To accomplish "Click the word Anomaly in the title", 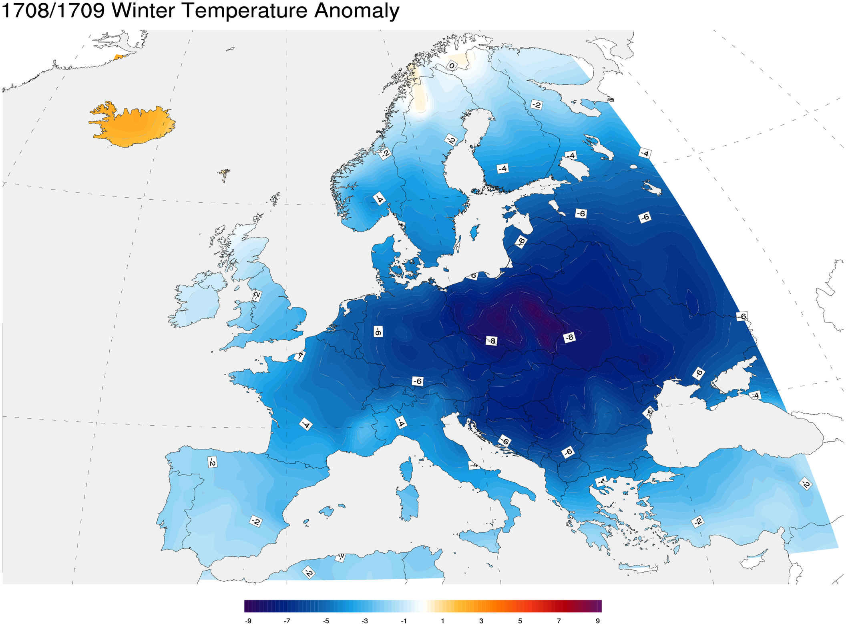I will (x=356, y=10).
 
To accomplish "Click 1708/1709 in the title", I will (x=53, y=10).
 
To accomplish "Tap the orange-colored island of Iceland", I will (x=132, y=124).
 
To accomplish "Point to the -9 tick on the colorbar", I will (x=248, y=621).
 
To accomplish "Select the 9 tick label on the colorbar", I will (x=598, y=621).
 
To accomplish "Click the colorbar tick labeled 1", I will (x=442, y=621).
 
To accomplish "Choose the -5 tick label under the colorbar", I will (x=326, y=621).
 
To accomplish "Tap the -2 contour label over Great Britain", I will (x=257, y=296).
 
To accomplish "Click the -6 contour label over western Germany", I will (x=378, y=331).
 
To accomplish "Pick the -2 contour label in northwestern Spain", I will (x=213, y=462).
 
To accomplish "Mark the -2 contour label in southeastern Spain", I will (x=256, y=522).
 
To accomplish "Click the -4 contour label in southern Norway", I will (x=379, y=199).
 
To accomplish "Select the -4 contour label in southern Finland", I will (x=503, y=168).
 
